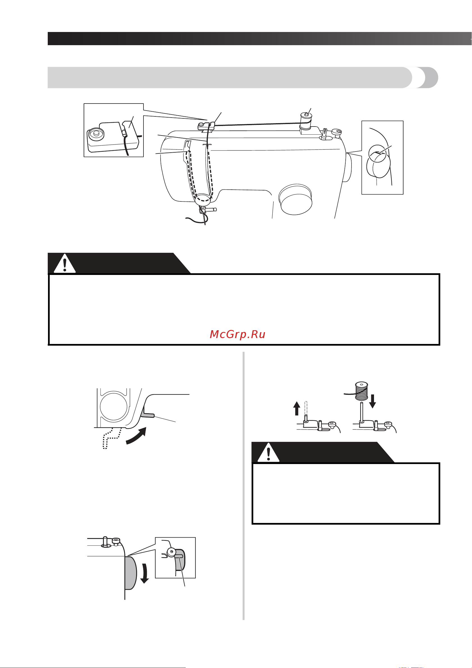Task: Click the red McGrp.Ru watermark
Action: point(237,334)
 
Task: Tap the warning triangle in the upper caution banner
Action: point(65,264)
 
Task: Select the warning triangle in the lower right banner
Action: point(268,453)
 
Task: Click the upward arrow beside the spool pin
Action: point(297,408)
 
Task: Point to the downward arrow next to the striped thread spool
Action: point(372,401)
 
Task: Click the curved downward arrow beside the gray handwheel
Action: point(145,573)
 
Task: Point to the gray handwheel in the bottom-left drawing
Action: point(131,573)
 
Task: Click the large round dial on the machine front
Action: point(295,199)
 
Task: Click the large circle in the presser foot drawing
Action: point(113,407)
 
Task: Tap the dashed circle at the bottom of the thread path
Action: point(203,199)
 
